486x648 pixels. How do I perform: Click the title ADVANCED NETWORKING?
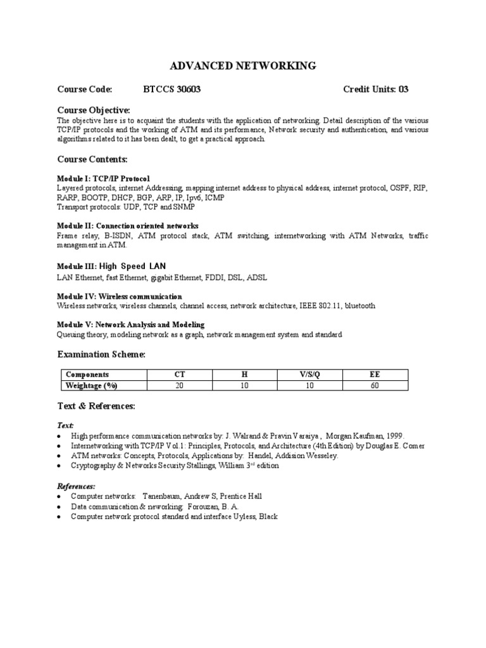(x=244, y=66)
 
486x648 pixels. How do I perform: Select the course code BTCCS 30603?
(x=172, y=89)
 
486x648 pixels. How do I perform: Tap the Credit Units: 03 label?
(x=375, y=89)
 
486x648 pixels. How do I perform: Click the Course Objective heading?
(x=94, y=110)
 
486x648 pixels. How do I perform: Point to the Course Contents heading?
(x=92, y=159)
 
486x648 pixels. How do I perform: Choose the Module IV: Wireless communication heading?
(x=120, y=296)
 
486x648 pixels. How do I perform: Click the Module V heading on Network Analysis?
(x=130, y=325)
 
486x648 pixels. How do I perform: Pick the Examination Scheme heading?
(x=101, y=354)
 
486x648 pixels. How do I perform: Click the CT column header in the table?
(x=180, y=375)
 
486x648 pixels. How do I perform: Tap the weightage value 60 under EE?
(x=375, y=385)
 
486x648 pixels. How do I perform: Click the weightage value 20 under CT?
(x=180, y=385)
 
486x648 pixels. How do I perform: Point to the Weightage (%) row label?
(x=92, y=385)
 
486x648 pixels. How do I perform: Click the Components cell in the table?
(x=87, y=375)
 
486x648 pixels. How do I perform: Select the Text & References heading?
(x=96, y=406)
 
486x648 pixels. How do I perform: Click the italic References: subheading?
(x=76, y=486)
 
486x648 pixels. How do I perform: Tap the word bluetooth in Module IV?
(x=360, y=306)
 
